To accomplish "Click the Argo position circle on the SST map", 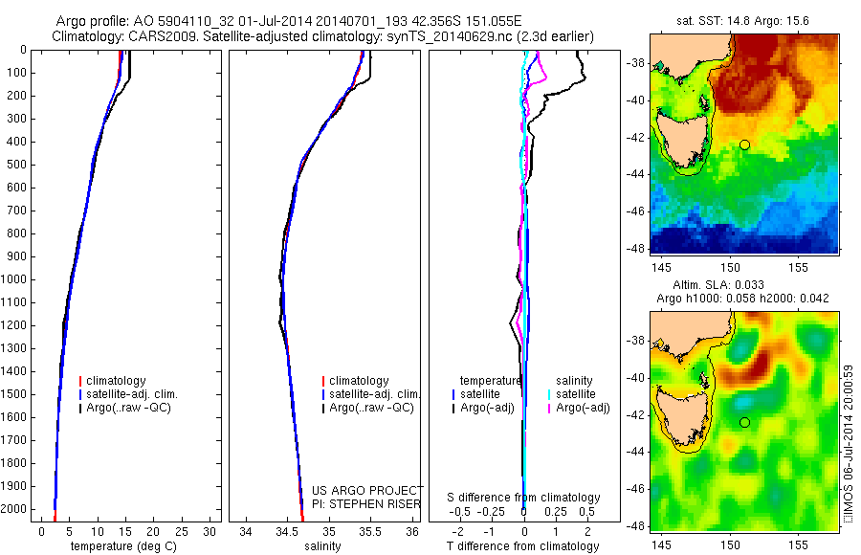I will (x=744, y=144).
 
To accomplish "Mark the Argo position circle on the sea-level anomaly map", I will (x=744, y=422).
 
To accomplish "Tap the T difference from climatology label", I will (x=523, y=546).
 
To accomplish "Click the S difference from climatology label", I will (x=524, y=498).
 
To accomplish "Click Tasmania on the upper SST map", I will (x=682, y=145).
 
